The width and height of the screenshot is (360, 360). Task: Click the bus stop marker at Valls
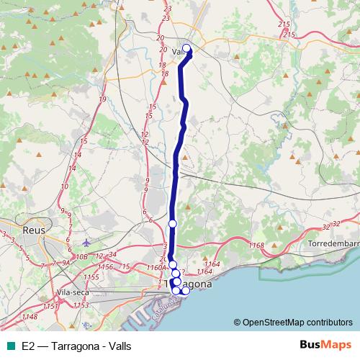pos(186,49)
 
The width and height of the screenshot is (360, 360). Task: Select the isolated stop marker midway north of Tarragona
pos(172,224)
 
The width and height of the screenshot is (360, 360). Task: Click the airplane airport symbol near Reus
pos(87,242)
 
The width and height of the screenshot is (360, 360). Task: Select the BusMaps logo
pos(325,345)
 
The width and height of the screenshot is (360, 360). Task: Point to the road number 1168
pos(256,246)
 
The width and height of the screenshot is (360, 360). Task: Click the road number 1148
pos(30,316)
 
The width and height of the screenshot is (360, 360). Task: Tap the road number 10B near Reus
pos(81,256)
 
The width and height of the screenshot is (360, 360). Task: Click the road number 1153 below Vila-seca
pos(81,305)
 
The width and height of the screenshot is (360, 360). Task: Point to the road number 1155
pos(91,277)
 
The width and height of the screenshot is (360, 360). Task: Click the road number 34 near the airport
pos(112,255)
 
